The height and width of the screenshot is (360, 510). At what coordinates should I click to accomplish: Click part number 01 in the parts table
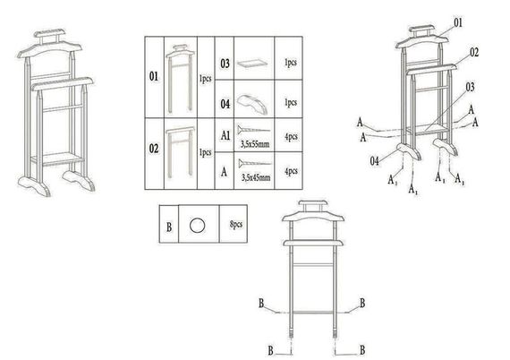click(154, 76)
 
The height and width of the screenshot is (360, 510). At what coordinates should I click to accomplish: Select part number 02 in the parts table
click(154, 149)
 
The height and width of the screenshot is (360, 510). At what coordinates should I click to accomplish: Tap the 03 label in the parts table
click(225, 64)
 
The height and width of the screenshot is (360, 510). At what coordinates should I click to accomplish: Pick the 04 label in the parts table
click(225, 104)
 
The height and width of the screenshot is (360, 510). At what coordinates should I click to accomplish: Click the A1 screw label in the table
click(225, 135)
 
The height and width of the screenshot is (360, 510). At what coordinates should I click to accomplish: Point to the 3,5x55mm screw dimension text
click(255, 144)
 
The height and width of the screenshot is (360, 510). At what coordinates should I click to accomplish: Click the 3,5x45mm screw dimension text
click(256, 177)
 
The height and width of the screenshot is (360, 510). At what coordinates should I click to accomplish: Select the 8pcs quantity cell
click(236, 224)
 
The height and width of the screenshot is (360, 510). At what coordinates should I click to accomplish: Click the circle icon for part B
click(198, 226)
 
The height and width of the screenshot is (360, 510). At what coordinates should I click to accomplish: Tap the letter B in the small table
click(169, 227)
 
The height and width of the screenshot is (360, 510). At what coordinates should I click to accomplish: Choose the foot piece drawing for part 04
click(252, 104)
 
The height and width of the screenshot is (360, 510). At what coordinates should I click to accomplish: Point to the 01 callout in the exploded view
click(457, 22)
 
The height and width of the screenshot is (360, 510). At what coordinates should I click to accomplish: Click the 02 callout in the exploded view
click(474, 53)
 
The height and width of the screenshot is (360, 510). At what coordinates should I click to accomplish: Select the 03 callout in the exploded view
click(470, 87)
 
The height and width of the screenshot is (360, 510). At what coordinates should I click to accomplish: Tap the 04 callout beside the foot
click(375, 161)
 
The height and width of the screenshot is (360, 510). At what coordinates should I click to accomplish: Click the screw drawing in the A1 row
click(254, 130)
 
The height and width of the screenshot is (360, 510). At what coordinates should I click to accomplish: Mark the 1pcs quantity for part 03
click(291, 63)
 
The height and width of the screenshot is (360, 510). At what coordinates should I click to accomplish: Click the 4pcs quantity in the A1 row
click(291, 137)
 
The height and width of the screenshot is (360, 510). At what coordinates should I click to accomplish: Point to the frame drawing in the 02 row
click(180, 152)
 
